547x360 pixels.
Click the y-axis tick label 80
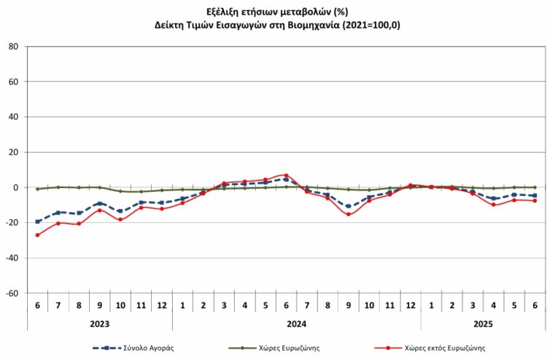coord(13,47)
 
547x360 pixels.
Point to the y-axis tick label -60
coord(12,294)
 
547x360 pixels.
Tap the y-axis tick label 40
coord(13,117)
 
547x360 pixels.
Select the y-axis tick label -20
coord(12,223)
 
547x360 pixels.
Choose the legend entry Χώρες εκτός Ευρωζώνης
coord(446,348)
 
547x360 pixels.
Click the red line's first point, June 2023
coord(37,235)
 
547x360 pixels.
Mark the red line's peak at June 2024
coord(286,176)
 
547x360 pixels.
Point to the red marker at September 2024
coord(348,214)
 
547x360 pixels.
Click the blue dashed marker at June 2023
coord(37,222)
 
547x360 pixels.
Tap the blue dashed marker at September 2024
coord(348,206)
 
